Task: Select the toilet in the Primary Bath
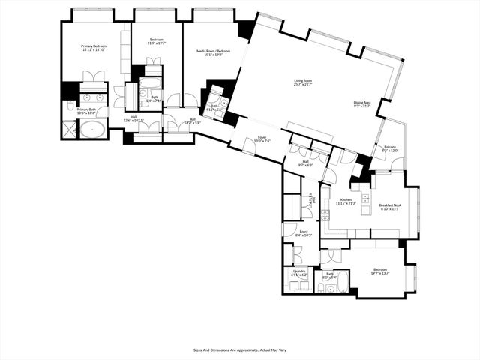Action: [70, 106]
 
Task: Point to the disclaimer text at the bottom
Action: [239, 349]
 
